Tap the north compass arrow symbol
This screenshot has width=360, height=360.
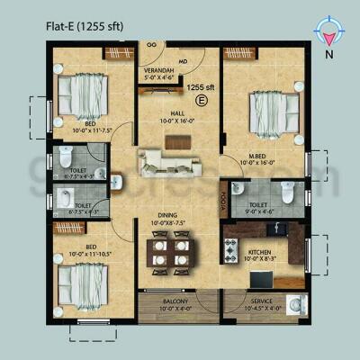click(x=331, y=32)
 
